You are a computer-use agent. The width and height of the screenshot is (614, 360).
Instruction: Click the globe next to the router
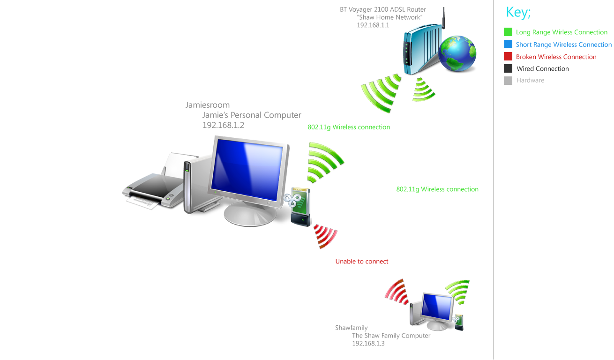click(x=457, y=55)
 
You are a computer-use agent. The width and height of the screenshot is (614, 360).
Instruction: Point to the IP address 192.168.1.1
click(x=373, y=25)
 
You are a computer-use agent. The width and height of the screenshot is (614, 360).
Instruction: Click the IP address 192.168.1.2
click(x=223, y=125)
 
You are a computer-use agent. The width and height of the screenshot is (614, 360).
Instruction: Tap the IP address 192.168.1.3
click(x=368, y=344)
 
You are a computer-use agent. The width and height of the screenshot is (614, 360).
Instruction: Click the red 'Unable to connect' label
click(x=362, y=262)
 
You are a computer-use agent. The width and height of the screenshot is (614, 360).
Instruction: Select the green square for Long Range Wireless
click(x=508, y=32)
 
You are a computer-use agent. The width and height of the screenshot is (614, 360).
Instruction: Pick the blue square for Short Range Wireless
click(x=508, y=45)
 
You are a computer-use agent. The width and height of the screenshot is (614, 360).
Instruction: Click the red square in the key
click(x=508, y=57)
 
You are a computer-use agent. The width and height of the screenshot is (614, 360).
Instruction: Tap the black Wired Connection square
click(x=508, y=68)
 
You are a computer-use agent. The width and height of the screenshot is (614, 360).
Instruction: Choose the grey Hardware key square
click(x=508, y=81)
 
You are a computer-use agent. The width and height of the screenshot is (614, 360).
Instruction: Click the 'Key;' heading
click(x=518, y=13)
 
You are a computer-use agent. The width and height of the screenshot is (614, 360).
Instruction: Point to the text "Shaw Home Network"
click(x=389, y=17)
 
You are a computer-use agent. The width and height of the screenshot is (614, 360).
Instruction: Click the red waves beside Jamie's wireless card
click(x=325, y=236)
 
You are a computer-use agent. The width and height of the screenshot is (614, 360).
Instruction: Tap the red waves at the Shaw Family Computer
click(x=397, y=291)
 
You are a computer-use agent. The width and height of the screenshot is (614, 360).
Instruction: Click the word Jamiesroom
click(x=208, y=105)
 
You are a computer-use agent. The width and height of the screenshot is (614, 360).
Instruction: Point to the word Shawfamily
click(x=352, y=328)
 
